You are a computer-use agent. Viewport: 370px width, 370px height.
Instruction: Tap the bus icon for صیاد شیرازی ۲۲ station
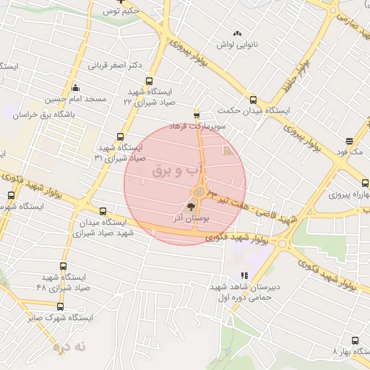[150, 81]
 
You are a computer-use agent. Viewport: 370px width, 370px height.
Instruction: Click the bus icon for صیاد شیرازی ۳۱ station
[121, 137]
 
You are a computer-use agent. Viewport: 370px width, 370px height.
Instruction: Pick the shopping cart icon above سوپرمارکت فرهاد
[197, 115]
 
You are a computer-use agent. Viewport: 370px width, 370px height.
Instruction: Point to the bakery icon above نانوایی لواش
[237, 33]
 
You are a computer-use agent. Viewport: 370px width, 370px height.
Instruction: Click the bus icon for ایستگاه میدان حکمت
[253, 100]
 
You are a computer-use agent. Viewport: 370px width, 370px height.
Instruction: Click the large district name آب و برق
[174, 171]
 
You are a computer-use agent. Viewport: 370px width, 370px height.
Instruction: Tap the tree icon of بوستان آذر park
[191, 207]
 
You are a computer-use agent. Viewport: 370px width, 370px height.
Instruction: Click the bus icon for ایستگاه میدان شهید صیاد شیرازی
[103, 212]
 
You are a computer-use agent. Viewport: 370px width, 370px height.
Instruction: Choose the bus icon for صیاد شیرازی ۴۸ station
[63, 267]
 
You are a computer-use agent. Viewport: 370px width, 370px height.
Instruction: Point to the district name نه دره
[69, 347]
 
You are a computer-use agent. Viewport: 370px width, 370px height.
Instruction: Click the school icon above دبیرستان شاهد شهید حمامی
[244, 275]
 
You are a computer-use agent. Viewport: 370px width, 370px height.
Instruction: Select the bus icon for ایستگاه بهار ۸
[355, 340]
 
